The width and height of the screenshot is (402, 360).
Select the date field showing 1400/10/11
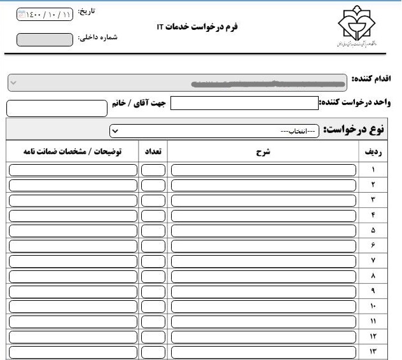click(45, 14)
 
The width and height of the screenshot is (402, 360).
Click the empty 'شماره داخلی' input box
click(45, 39)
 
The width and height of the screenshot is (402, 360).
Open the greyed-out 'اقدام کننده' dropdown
click(178, 83)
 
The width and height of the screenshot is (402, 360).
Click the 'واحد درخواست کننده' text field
click(244, 103)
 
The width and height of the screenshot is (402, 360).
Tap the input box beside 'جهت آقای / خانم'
click(57, 107)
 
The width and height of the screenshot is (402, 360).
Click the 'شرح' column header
click(263, 152)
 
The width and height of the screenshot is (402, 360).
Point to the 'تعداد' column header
click(153, 152)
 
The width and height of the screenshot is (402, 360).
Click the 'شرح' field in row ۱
click(263, 170)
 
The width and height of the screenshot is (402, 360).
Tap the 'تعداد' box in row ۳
click(153, 200)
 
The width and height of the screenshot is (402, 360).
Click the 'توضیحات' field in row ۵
click(73, 230)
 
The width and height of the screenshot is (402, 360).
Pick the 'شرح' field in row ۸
click(263, 275)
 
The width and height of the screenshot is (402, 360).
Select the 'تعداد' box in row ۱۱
click(153, 321)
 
